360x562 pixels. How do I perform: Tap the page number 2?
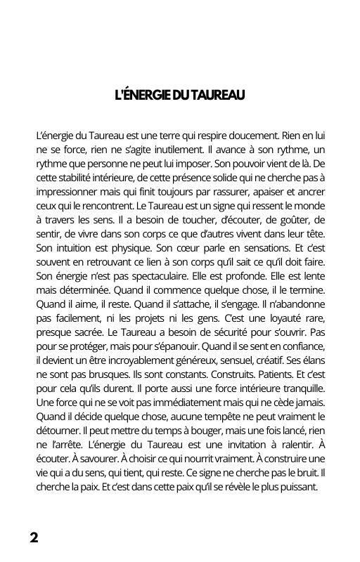pyautogui.click(x=34, y=538)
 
